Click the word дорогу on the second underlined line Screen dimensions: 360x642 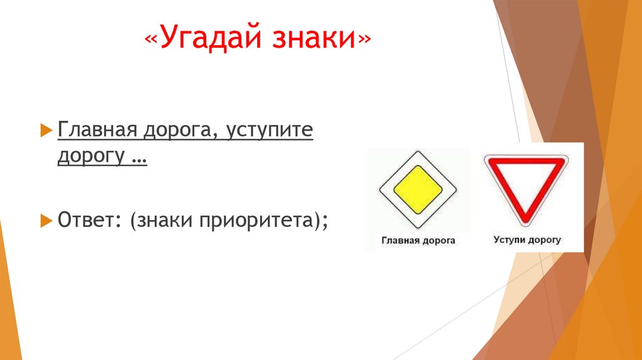pos(92,156)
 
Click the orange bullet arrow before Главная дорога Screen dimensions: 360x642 pos(45,130)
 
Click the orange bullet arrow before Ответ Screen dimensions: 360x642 pos(45,220)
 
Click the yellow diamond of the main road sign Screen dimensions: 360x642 pos(417,189)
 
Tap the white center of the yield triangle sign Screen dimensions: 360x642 pos(525,179)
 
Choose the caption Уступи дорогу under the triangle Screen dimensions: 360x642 pos(527,240)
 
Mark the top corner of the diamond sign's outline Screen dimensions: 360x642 pos(417,151)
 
